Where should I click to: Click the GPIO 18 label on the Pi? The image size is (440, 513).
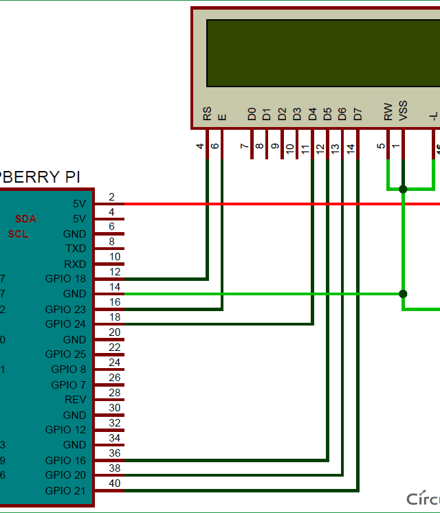pyautogui.click(x=65, y=279)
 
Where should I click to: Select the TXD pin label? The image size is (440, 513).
pyautogui.click(x=76, y=249)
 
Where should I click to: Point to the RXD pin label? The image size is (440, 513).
pyautogui.click(x=75, y=264)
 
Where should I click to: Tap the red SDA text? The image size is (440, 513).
pyautogui.click(x=26, y=219)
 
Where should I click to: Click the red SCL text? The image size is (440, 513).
pyautogui.click(x=19, y=233)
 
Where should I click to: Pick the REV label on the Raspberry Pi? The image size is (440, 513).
pyautogui.click(x=76, y=400)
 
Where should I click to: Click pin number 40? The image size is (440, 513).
pyautogui.click(x=115, y=483)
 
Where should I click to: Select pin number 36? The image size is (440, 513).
pyautogui.click(x=115, y=453)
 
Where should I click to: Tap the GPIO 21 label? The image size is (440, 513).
pyautogui.click(x=65, y=490)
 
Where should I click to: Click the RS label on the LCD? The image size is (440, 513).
pyautogui.click(x=207, y=114)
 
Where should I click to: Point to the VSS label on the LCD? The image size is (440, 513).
pyautogui.click(x=403, y=112)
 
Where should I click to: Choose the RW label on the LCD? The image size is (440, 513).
pyautogui.click(x=388, y=113)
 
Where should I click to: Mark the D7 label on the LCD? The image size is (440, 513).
pyautogui.click(x=357, y=114)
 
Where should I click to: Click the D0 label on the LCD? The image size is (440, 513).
pyautogui.click(x=252, y=114)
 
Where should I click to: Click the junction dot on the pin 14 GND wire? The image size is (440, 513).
pyautogui.click(x=403, y=294)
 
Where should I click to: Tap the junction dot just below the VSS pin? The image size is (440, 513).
pyautogui.click(x=403, y=189)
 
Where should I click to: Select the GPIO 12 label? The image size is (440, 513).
pyautogui.click(x=65, y=430)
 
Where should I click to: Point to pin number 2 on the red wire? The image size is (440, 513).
pyautogui.click(x=111, y=197)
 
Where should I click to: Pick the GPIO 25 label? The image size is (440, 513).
pyautogui.click(x=65, y=354)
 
